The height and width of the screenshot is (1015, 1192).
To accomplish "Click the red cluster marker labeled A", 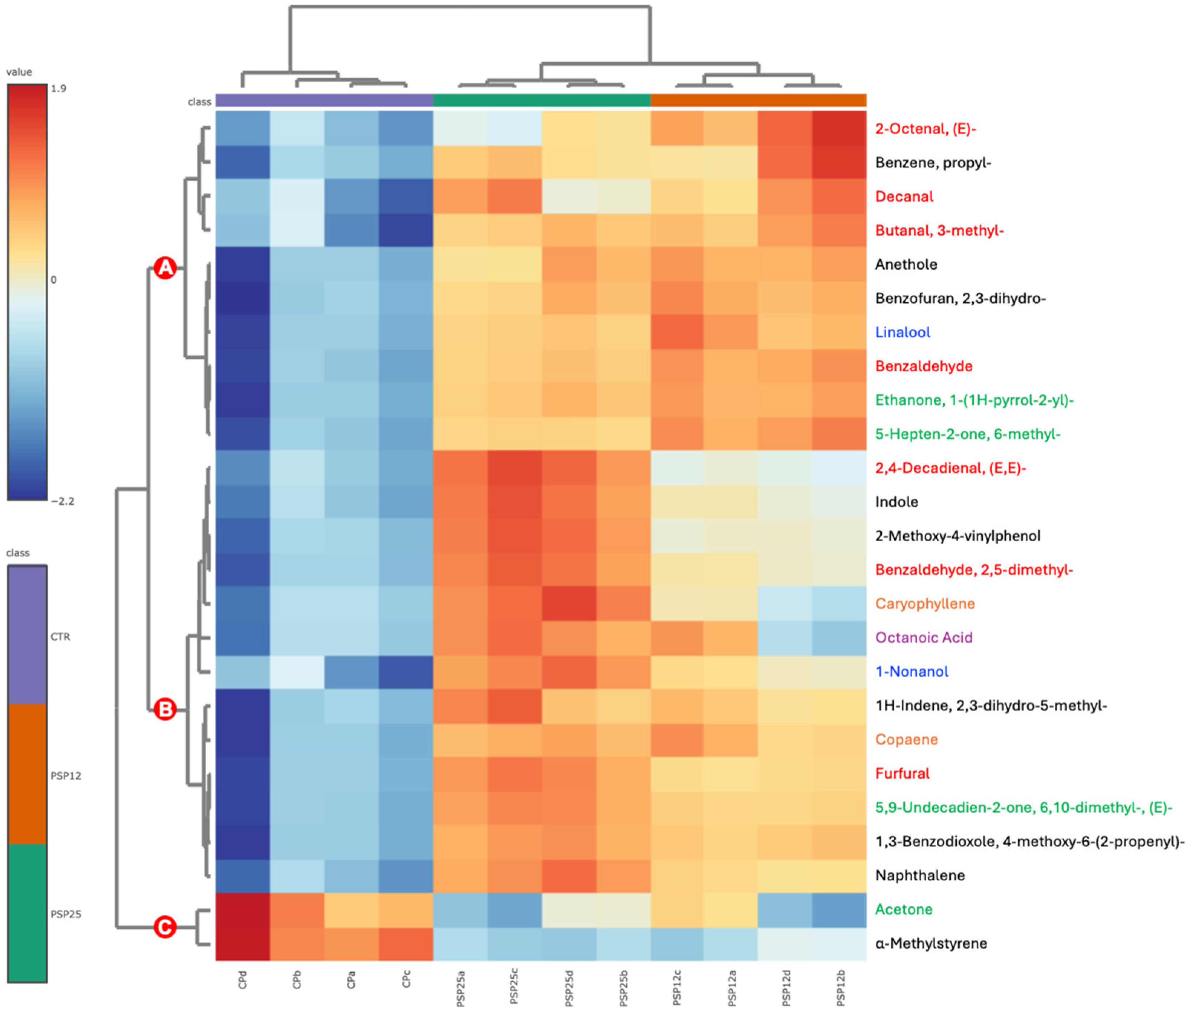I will click(x=165, y=267).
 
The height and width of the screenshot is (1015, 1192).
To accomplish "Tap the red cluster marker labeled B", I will click(x=165, y=709).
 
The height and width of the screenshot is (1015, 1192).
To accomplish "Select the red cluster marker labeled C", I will click(x=165, y=926).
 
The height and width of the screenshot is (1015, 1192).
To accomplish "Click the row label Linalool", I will click(x=902, y=332).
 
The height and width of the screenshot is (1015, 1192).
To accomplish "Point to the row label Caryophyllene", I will click(x=924, y=603).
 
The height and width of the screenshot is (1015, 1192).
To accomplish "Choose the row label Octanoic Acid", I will click(x=923, y=637).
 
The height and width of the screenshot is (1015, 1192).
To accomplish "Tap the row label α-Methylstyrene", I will click(x=930, y=943).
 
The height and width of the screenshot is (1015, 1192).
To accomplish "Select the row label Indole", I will click(x=896, y=502).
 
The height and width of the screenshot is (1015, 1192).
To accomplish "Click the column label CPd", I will click(x=242, y=980).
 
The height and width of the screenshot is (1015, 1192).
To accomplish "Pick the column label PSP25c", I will click(x=514, y=986).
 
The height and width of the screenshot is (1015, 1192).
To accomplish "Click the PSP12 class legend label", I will click(x=66, y=776).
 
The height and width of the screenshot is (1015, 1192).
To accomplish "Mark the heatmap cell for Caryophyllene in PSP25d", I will click(x=569, y=603).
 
